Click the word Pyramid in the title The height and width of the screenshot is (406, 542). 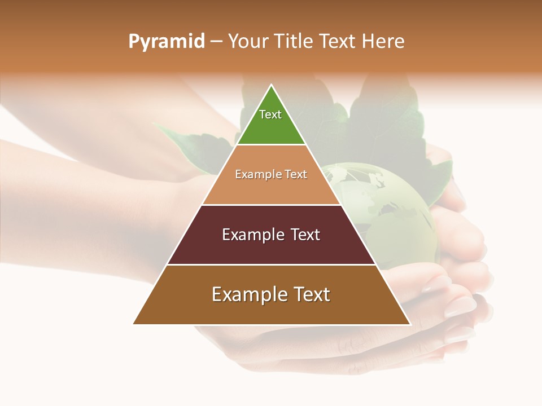click(166, 42)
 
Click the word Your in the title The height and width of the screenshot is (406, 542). click(248, 41)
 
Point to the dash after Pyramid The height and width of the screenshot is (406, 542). click(216, 42)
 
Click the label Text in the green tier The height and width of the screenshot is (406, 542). click(270, 114)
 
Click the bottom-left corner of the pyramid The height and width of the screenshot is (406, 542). click(134, 324)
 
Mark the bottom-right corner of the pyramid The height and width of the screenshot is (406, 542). click(409, 324)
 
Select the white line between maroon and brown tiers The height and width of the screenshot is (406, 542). click(271, 264)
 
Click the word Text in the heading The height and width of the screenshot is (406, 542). click(336, 41)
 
